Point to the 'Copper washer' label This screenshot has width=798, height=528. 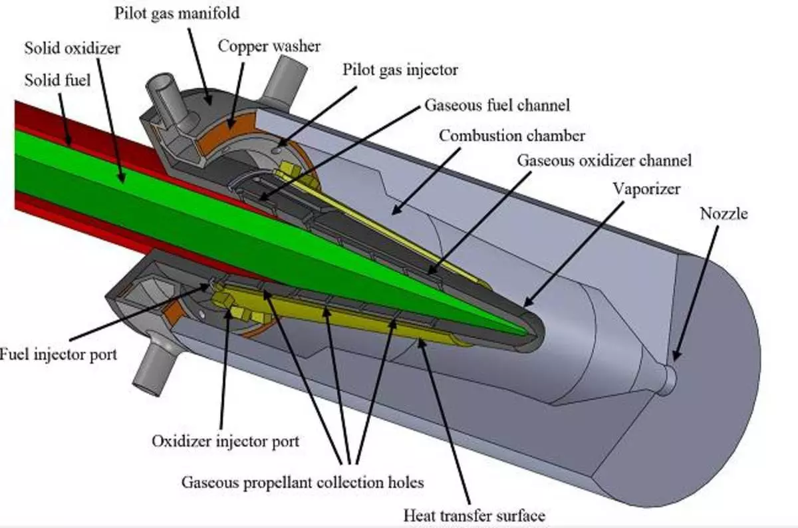coord(269,47)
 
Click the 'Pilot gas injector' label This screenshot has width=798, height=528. coord(400,69)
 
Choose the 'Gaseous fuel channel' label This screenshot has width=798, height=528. coord(497,105)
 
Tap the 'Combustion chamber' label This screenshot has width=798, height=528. coord(512,136)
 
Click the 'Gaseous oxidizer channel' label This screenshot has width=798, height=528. coord(604,160)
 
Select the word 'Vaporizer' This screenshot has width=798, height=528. coord(646,189)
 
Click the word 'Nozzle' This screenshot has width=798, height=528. coord(724,213)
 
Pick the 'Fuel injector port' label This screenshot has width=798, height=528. coord(59,353)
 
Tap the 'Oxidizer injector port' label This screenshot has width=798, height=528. coord(225,441)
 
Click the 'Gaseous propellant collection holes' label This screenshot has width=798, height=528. coord(303,482)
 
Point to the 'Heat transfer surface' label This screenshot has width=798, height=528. coord(474,515)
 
